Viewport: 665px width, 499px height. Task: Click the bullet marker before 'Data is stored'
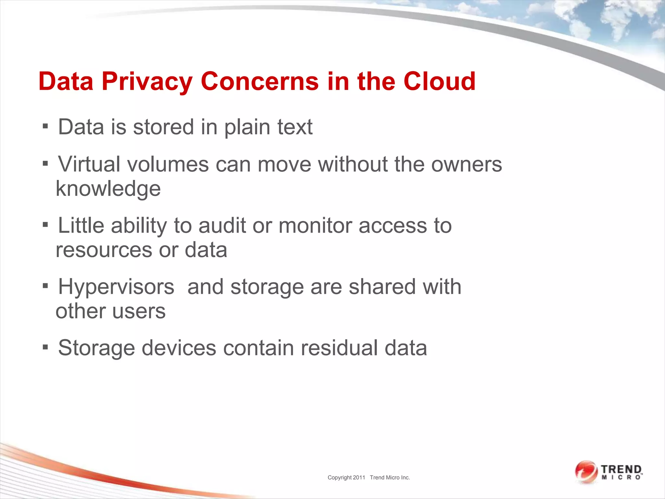(45, 126)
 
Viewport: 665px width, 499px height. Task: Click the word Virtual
(89, 164)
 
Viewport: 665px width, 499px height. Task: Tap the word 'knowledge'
(108, 189)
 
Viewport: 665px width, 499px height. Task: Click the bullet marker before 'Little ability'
(45, 224)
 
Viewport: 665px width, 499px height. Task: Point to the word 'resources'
(104, 250)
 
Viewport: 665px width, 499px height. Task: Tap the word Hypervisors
(116, 287)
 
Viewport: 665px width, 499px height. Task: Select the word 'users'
(139, 311)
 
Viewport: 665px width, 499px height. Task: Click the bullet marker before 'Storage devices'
(45, 347)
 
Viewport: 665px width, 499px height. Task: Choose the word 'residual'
(339, 348)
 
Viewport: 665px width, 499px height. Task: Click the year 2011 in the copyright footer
(359, 478)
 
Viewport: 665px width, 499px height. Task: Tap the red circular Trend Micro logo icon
(586, 472)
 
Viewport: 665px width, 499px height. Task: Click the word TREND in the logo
(621, 470)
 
